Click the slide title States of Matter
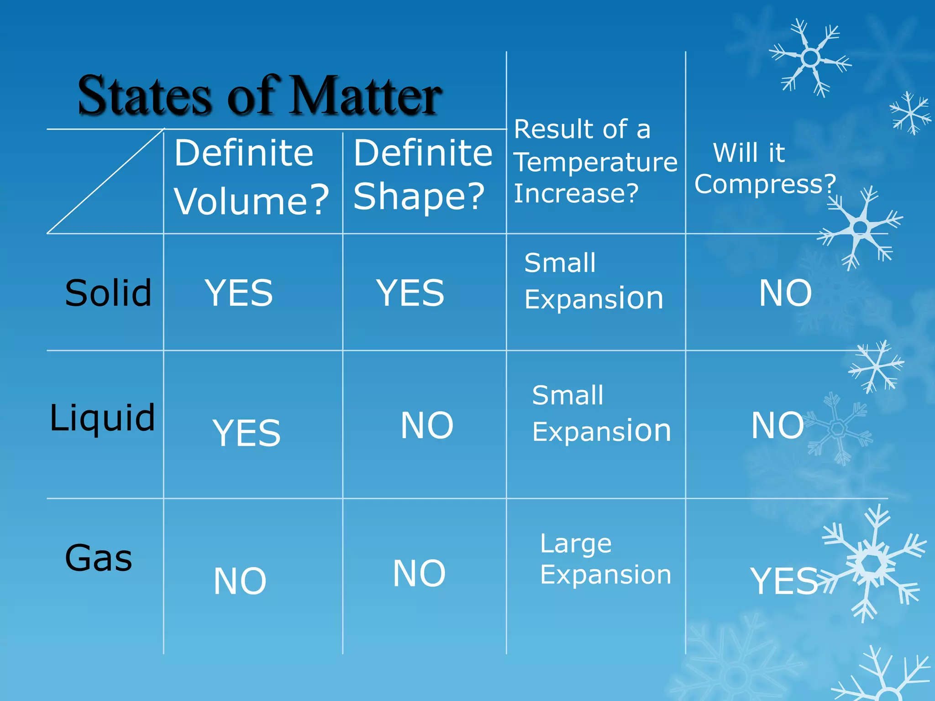(x=259, y=96)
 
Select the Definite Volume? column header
(x=251, y=177)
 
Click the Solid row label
(x=108, y=293)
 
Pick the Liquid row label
(x=102, y=418)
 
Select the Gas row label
(x=99, y=558)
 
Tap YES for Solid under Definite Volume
(x=239, y=293)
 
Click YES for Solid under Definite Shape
(x=410, y=293)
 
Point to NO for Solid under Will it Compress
(x=785, y=293)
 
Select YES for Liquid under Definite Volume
(x=247, y=433)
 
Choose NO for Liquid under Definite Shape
(x=427, y=425)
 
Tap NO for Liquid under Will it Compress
(x=777, y=425)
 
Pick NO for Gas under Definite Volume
(x=240, y=581)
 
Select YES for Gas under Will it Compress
(x=784, y=581)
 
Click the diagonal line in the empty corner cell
(x=105, y=182)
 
